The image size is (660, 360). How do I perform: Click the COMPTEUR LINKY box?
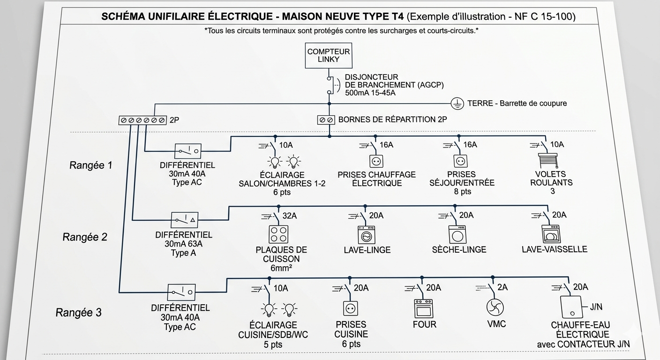tap(329, 56)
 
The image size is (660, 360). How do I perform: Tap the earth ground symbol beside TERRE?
tap(457, 104)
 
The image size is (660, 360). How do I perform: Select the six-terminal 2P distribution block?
tap(142, 120)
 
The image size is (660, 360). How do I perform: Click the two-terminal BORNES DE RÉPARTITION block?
tap(326, 120)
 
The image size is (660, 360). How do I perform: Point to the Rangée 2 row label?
tap(85, 237)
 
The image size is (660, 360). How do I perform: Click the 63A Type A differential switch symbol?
tap(185, 220)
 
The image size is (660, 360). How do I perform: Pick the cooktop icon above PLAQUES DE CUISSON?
tap(278, 234)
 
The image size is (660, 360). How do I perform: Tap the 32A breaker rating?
tap(290, 216)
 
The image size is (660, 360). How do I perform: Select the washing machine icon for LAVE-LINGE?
tap(367, 235)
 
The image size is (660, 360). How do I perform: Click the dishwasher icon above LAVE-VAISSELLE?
tap(551, 234)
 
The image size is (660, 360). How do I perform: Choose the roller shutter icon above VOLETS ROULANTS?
tap(548, 161)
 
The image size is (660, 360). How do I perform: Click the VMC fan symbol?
tap(495, 307)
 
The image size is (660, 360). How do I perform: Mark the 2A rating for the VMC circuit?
tap(502, 287)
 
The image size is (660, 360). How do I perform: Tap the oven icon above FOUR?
tap(423, 308)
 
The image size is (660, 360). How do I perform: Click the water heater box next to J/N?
tap(571, 307)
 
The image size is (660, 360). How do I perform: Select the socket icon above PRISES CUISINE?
tap(351, 308)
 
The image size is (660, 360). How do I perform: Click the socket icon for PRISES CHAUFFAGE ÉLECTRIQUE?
tap(376, 161)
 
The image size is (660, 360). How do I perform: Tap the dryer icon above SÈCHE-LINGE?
tap(457, 234)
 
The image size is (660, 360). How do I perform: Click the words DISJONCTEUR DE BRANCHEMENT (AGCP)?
tap(394, 81)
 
